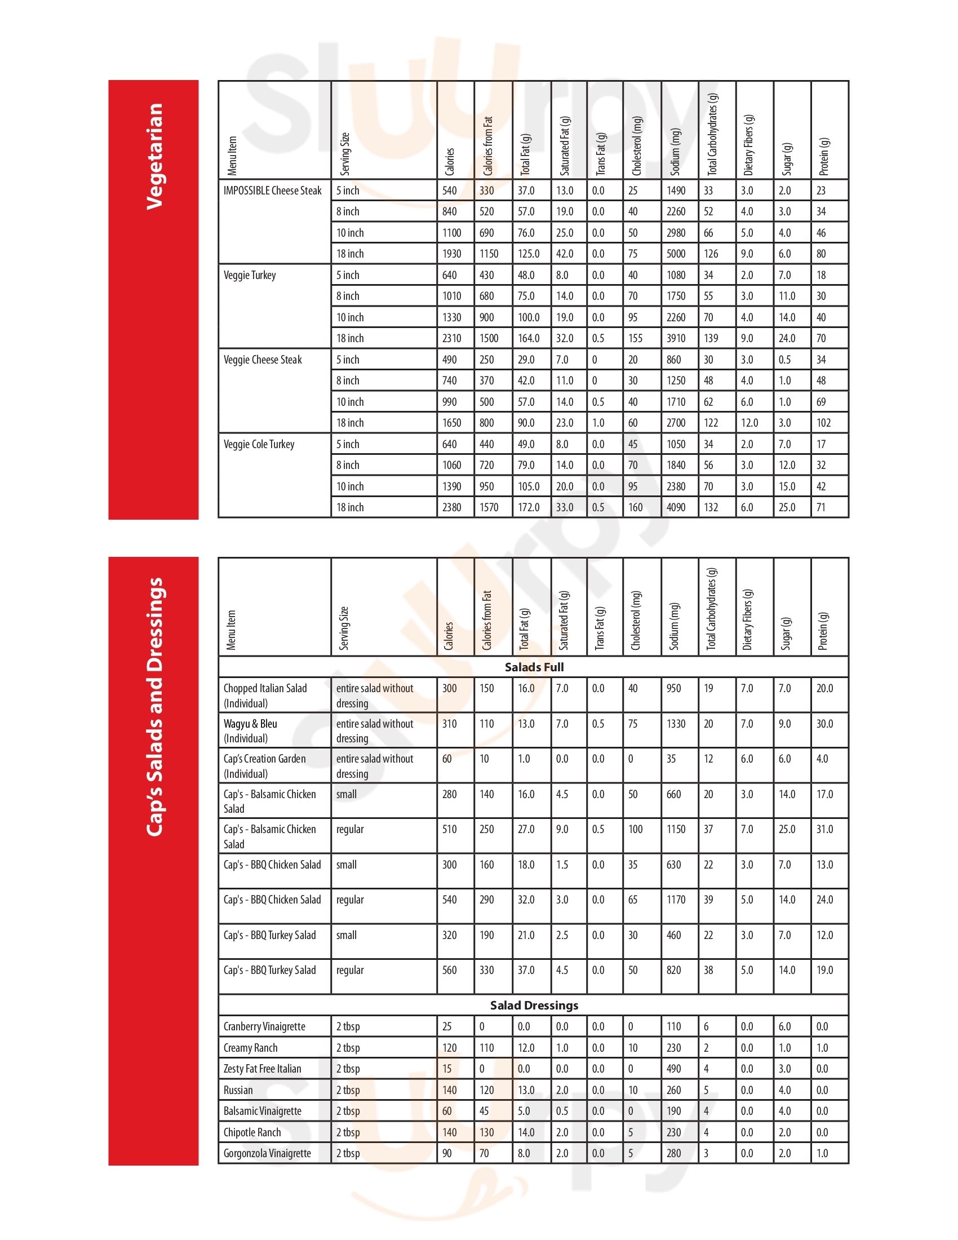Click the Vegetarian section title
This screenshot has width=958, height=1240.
154,156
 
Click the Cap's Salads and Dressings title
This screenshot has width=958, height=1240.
154,707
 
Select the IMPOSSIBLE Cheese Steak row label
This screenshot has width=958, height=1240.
272,191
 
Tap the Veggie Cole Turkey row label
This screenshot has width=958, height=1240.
259,444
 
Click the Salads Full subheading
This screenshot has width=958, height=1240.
534,667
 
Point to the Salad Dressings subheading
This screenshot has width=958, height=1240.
534,1006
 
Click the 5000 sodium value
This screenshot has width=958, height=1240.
675,254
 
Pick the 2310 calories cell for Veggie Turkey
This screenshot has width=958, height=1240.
452,338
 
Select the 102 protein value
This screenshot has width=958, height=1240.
823,423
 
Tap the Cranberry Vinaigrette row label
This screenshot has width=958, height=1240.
264,1026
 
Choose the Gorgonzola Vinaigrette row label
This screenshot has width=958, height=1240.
267,1153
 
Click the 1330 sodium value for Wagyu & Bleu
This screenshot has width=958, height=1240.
676,724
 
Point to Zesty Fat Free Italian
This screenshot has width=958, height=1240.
262,1069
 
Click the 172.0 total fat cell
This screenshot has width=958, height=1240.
529,508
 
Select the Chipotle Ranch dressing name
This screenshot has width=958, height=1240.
252,1132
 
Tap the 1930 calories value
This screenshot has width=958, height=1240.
452,254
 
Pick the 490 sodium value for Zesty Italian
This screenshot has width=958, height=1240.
673,1069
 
